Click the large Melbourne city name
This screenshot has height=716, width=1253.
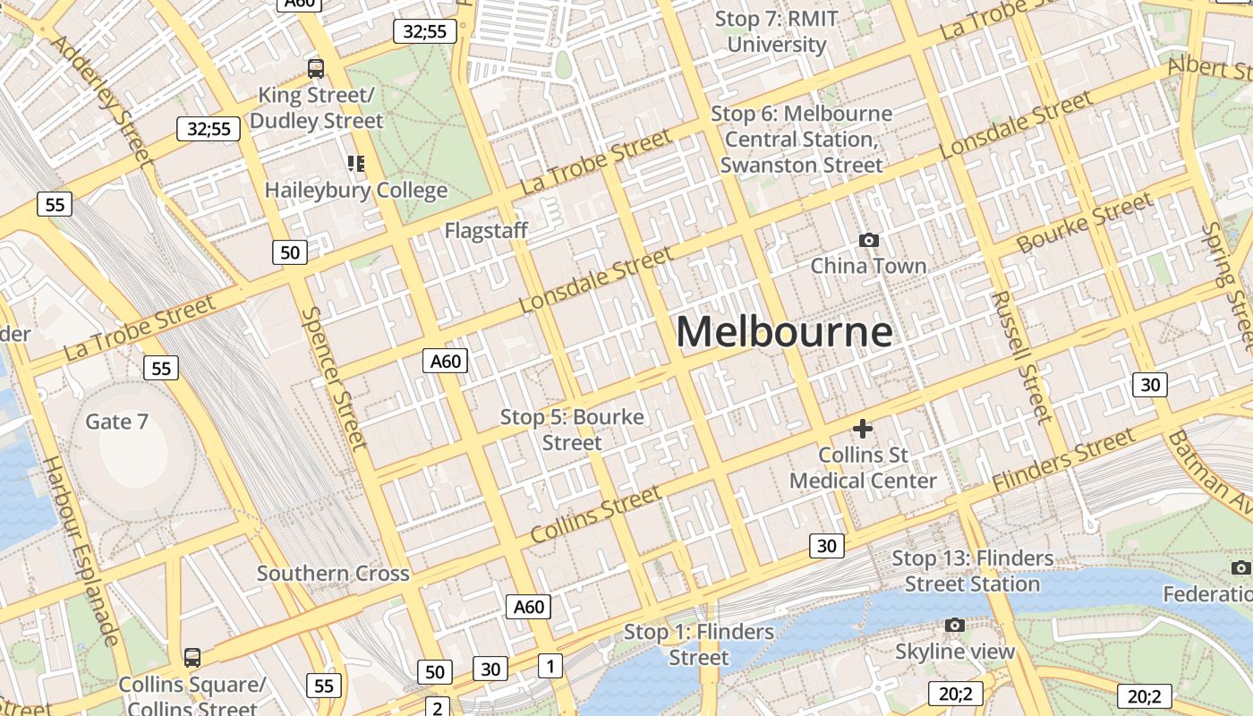point(784,332)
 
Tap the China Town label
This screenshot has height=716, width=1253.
point(868,266)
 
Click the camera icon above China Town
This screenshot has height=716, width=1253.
point(868,240)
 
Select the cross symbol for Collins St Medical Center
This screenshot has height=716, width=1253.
point(863,429)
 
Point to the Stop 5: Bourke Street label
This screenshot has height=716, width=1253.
point(572,430)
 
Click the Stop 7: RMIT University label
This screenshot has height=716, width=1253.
point(776,31)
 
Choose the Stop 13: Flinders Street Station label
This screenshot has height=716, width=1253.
point(972,571)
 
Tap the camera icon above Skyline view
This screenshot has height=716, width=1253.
point(955,625)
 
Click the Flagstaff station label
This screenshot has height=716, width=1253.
point(486,231)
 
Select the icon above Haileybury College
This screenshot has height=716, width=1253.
point(356,163)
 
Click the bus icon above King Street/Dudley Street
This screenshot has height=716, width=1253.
point(316,68)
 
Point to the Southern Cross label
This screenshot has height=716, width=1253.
point(333,574)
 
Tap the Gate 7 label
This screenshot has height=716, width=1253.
point(116,421)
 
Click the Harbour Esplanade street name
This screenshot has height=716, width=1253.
point(81,550)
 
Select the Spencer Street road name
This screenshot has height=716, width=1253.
point(335,378)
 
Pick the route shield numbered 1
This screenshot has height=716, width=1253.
point(550,665)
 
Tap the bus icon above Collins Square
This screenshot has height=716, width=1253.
point(192,658)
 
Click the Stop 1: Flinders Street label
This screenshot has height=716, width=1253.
point(699,644)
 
